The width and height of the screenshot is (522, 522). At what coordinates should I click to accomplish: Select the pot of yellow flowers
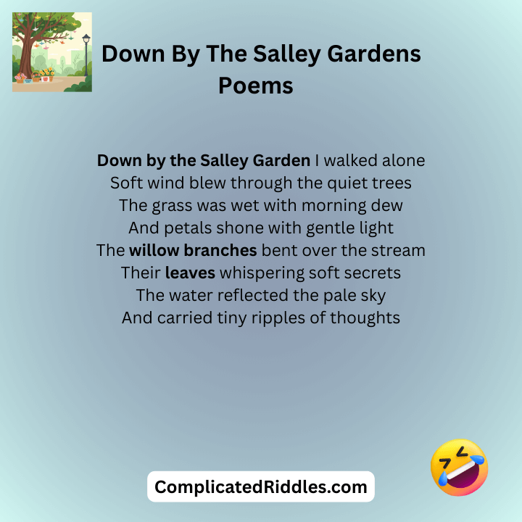pos(48,75)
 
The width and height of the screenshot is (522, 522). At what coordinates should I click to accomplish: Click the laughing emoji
pos(459,468)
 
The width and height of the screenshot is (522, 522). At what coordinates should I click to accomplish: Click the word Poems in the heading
pos(256,86)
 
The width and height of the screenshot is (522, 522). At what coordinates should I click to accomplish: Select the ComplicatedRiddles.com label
pos(261,486)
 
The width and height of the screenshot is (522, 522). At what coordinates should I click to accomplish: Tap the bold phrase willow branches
pos(193,251)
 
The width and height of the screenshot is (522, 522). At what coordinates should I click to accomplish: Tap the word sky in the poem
pos(371,296)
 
